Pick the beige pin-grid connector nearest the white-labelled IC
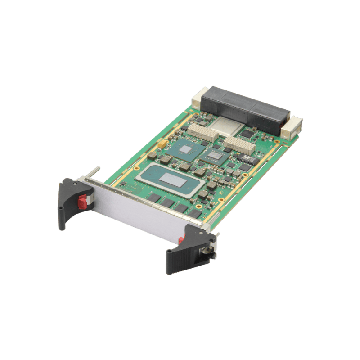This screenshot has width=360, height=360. pos(238,145)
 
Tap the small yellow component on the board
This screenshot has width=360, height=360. pos(162,144)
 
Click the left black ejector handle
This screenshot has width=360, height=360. pos(67,202)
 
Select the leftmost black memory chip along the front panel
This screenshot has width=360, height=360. pos(153,197)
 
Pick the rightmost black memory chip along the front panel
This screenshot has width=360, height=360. pos(194,212)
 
